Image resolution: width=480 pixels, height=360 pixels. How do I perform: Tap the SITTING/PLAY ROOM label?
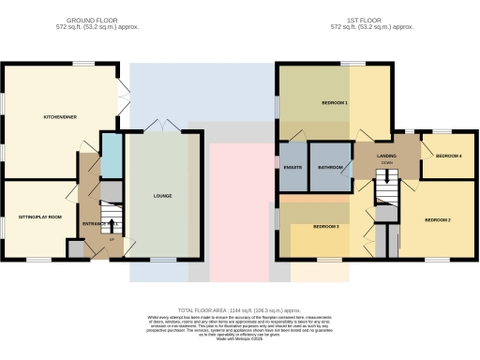[x=40, y=217]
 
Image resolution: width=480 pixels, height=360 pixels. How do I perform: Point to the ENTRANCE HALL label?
[x=98, y=225]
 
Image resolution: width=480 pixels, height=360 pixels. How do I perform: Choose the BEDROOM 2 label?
[x=438, y=219]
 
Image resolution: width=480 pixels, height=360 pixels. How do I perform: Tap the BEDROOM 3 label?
[x=325, y=227]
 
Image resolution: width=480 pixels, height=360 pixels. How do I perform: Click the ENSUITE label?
[x=292, y=168]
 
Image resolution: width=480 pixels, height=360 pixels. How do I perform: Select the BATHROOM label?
[x=329, y=168]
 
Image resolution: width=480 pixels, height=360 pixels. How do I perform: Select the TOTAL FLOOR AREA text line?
[x=239, y=309]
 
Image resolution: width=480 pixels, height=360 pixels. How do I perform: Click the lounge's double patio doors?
[x=166, y=127]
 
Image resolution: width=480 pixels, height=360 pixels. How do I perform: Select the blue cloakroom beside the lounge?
[x=111, y=157]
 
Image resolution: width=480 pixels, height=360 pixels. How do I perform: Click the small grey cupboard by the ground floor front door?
[x=75, y=248]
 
